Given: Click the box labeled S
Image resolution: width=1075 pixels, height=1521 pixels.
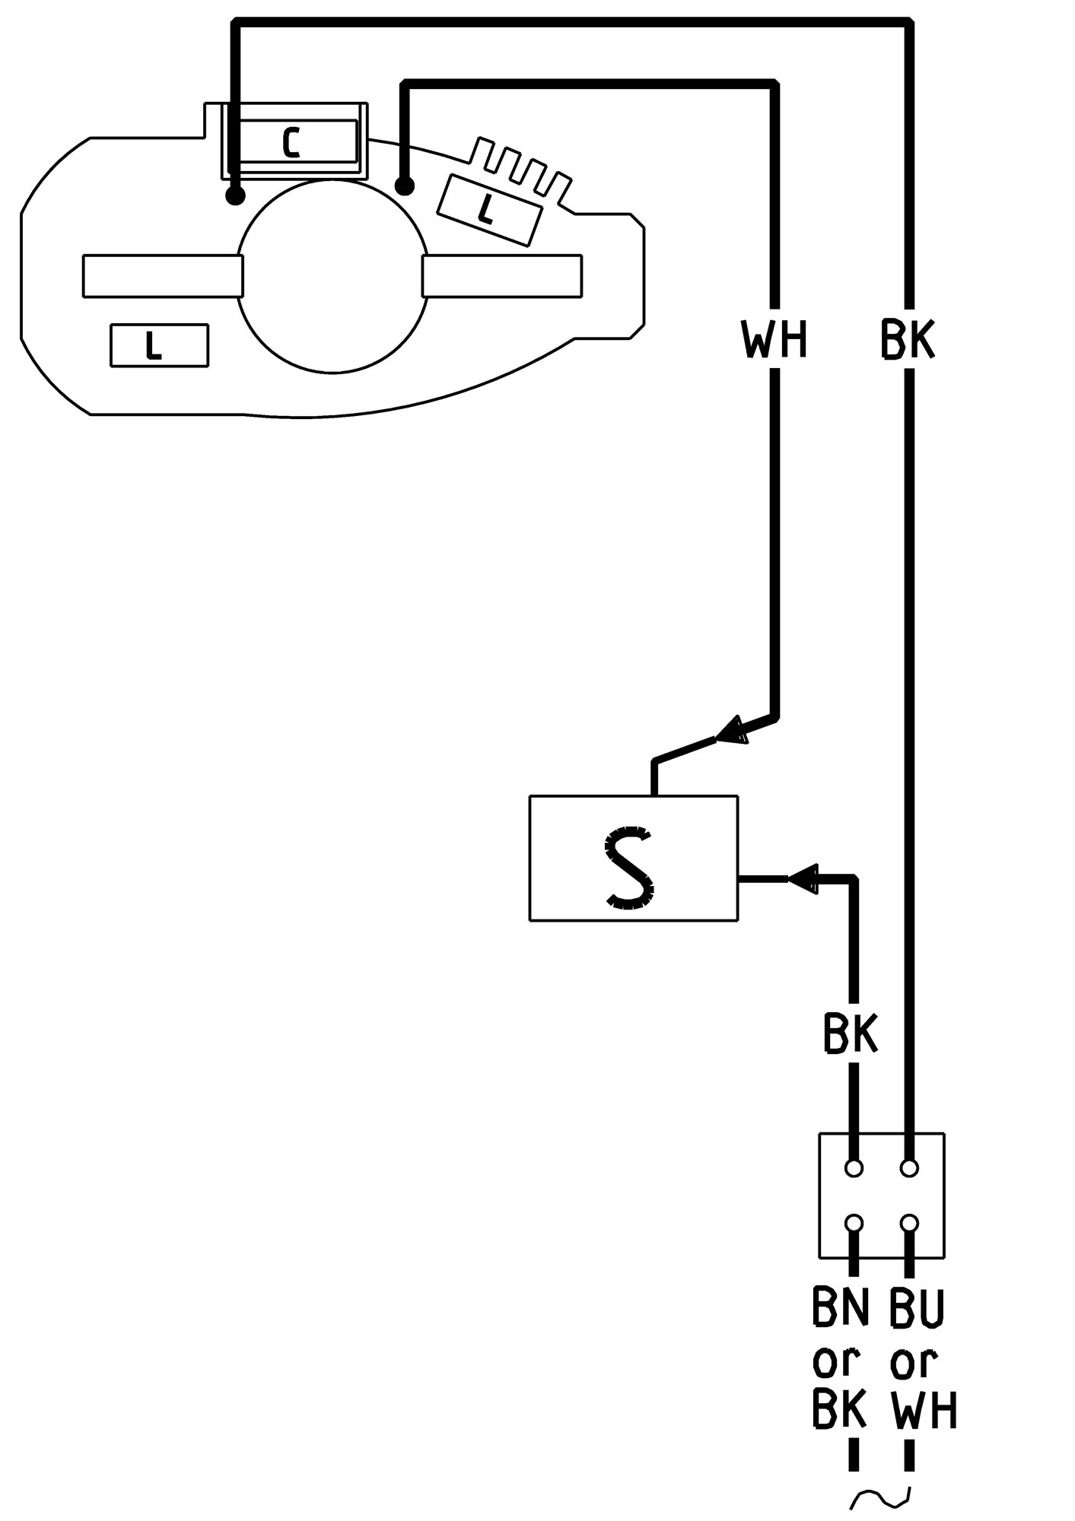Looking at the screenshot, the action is (x=633, y=858).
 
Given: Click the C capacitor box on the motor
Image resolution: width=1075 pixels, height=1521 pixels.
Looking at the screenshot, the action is (x=293, y=141).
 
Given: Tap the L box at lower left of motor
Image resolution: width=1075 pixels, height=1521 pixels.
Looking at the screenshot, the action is (x=159, y=346).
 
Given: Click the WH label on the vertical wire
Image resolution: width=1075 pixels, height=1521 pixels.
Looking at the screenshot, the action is (x=774, y=339).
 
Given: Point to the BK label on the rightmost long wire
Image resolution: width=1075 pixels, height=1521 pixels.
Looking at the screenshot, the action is (x=907, y=339).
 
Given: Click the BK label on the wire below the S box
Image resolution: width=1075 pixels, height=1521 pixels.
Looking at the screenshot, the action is (x=851, y=1033).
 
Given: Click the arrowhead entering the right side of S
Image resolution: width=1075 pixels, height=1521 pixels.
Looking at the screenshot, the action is (x=802, y=879).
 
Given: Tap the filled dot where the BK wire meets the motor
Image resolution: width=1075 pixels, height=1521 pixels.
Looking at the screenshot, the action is (x=236, y=196).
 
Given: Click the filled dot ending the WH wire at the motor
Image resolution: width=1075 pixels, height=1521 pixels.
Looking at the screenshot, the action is (x=405, y=185).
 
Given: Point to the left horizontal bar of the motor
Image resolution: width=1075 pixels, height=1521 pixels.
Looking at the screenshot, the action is (x=163, y=275).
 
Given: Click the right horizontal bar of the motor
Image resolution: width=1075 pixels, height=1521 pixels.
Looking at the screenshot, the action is (x=502, y=275).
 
